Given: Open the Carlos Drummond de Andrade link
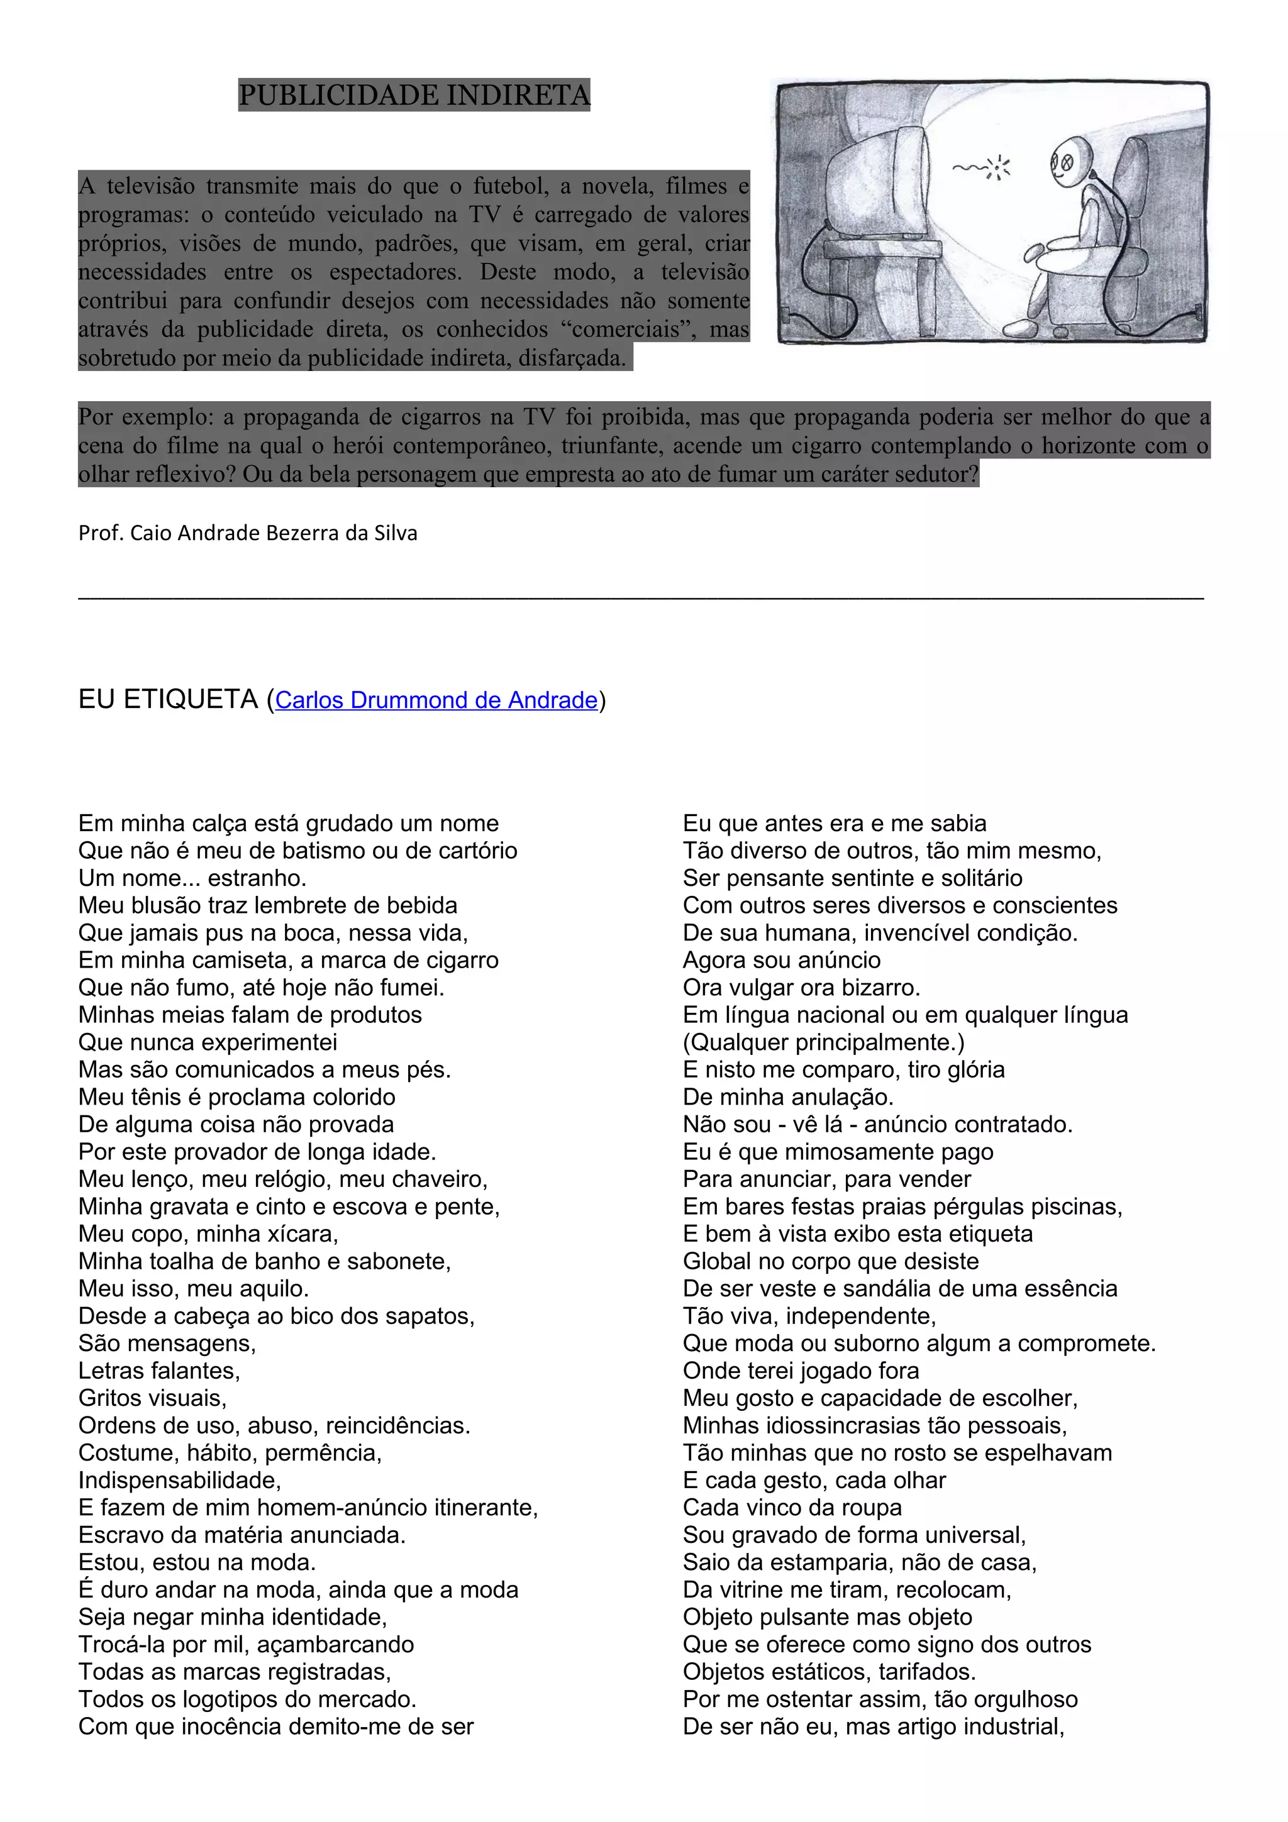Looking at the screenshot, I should (x=436, y=700).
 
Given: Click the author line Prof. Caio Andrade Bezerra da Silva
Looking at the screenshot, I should (x=248, y=533).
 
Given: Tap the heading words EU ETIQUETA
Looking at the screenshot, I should (x=169, y=699).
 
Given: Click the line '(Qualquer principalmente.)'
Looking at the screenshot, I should (x=824, y=1042).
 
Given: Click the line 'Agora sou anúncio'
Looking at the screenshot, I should (x=782, y=959).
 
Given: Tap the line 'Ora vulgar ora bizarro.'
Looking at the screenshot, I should (x=801, y=987).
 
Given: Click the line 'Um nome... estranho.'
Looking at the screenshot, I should (x=192, y=878).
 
